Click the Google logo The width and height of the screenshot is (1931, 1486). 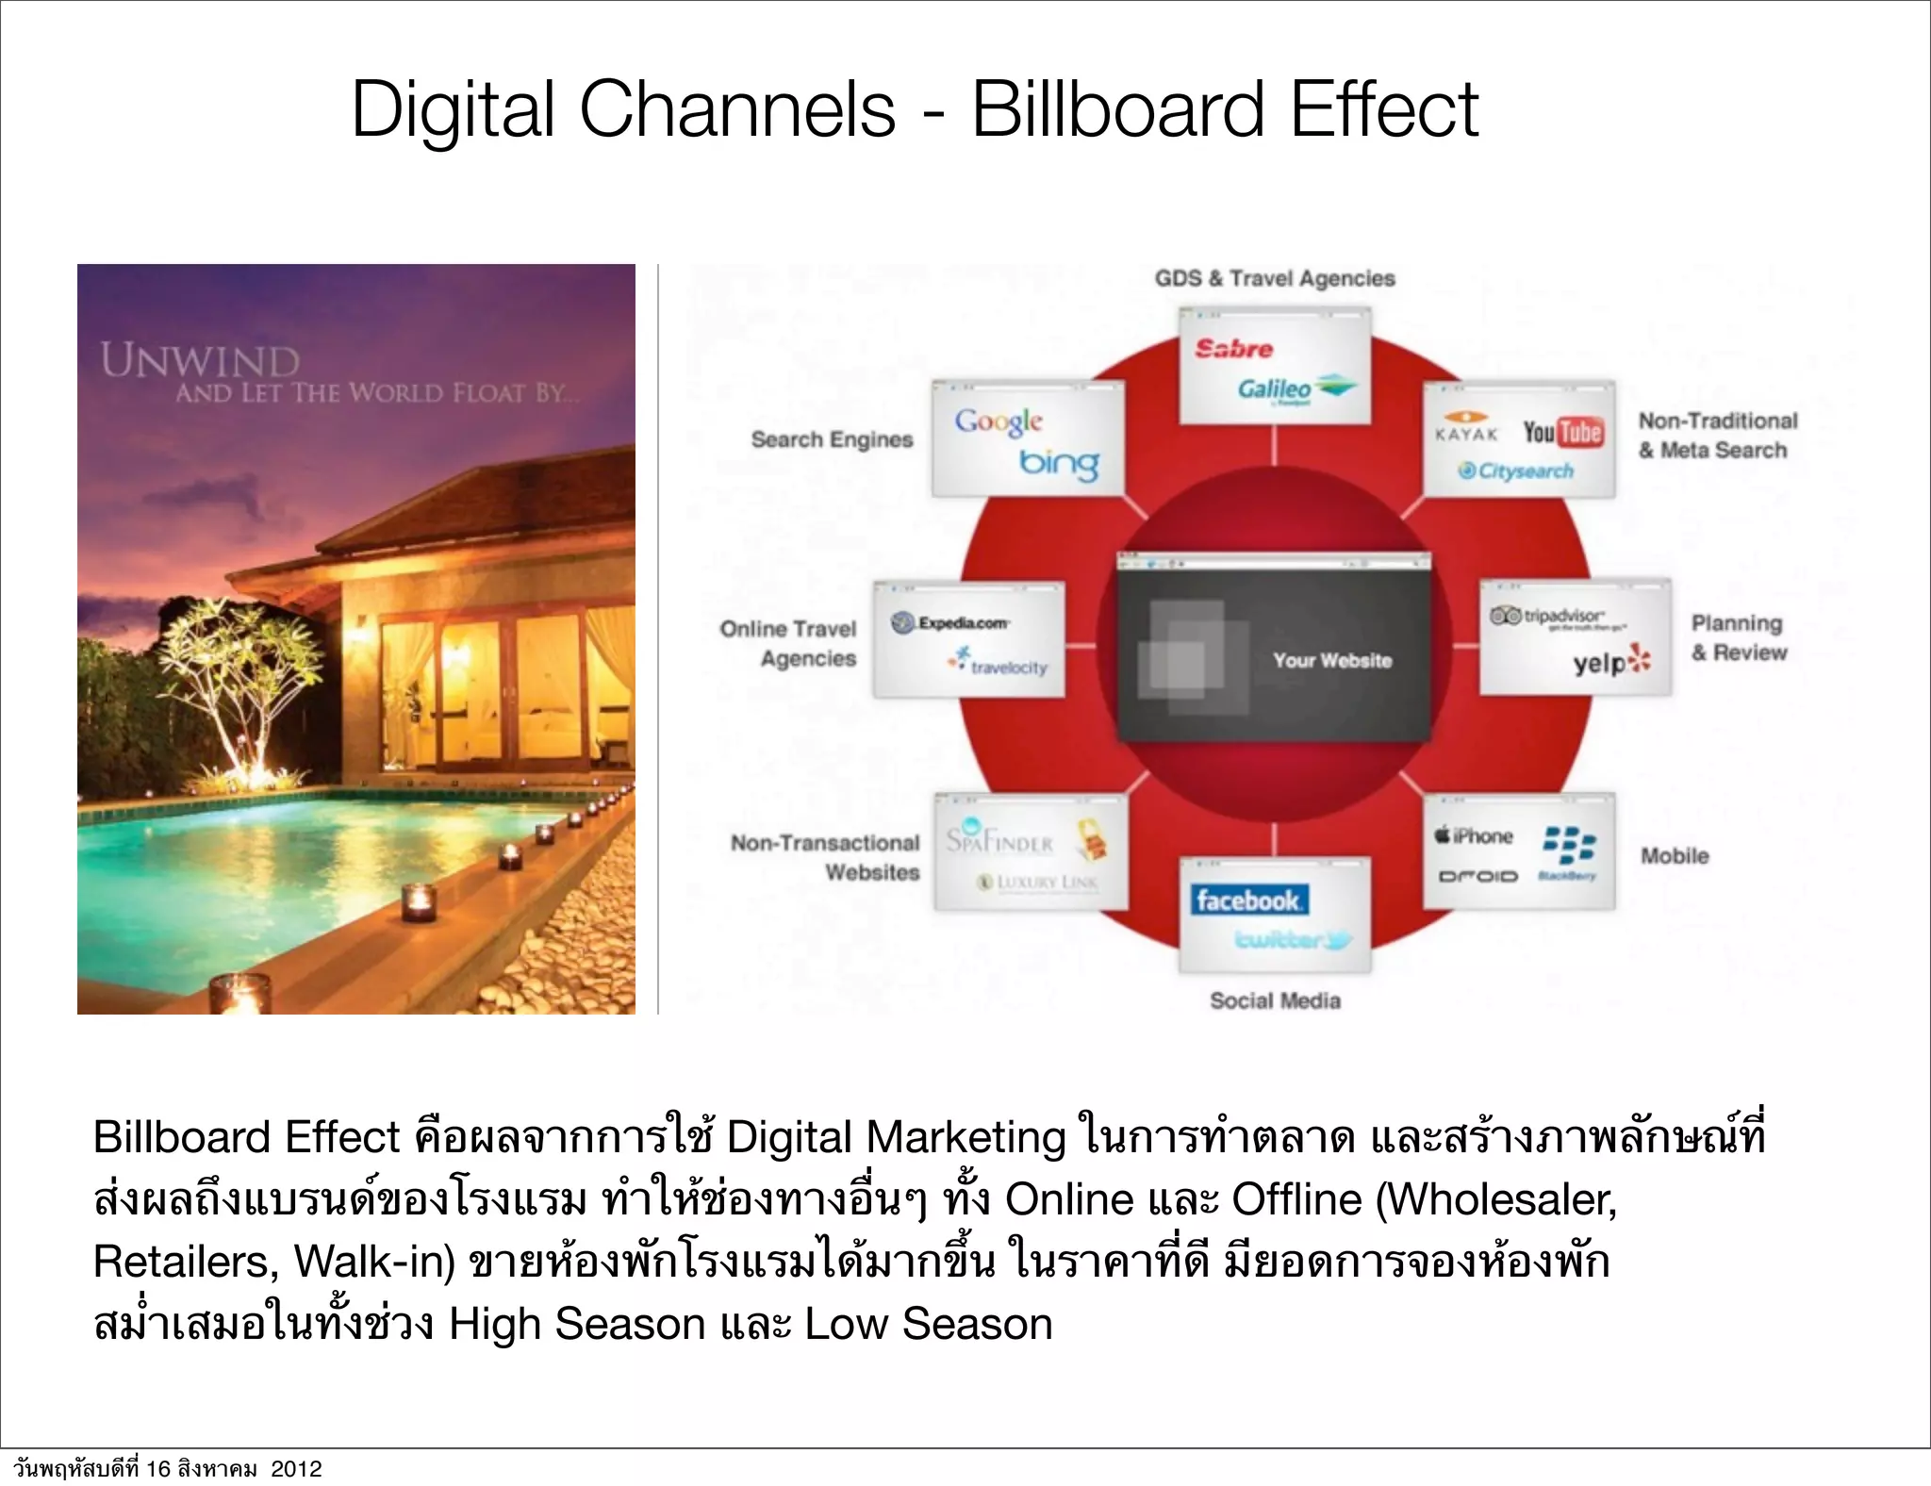999,421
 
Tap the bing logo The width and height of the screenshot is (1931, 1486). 1059,463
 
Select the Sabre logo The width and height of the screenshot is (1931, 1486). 1233,349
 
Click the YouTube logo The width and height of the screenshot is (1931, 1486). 1562,432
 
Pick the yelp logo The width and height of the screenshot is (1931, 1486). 1611,662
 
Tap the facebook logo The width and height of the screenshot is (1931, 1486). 1247,900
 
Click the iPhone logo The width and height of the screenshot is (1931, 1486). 1474,835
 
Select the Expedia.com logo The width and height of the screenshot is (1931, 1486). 950,622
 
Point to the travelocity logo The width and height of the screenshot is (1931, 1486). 999,664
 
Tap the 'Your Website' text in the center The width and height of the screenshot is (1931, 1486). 1332,660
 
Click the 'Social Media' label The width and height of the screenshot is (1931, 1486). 1275,1000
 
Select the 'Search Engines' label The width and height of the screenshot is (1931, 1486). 832,439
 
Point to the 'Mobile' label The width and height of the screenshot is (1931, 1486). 1675,855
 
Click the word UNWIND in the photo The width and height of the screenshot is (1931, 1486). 200,361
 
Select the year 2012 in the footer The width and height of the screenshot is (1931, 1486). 296,1469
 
